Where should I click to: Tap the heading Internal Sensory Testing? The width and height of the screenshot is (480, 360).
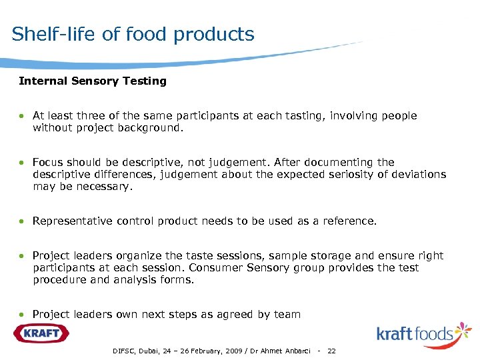pos(93,81)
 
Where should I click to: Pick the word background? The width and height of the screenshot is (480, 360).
pos(153,127)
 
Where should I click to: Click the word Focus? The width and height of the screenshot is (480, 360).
pos(48,162)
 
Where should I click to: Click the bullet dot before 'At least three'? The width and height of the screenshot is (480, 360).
pos(22,116)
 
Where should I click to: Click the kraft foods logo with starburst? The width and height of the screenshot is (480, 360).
pos(423,333)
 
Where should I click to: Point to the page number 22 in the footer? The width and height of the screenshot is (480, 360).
pos(332,351)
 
